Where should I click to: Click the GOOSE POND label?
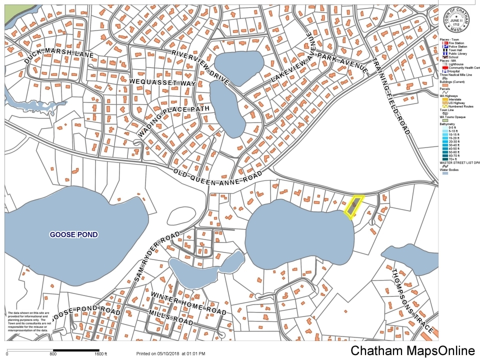tap(73, 234)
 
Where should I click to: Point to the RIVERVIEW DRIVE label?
tap(199, 66)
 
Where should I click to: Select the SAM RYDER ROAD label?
tap(156, 260)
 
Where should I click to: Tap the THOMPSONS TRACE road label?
tap(411, 300)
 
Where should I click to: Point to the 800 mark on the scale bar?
tap(53, 354)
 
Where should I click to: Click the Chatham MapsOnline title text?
tap(412, 350)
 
